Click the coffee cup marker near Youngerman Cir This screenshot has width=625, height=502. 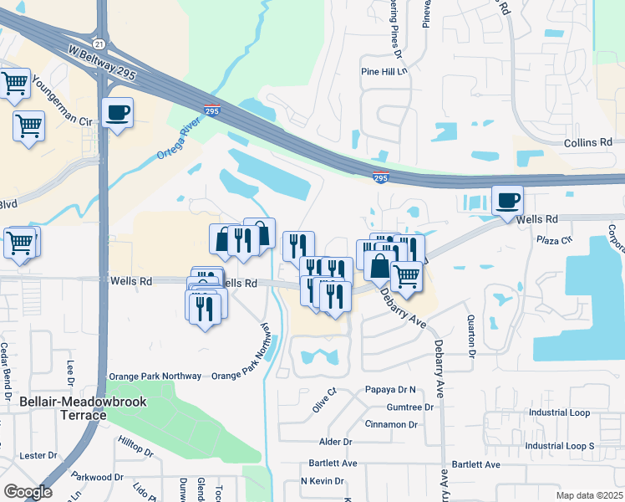[x=117, y=112]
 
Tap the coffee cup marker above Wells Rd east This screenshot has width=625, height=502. [x=507, y=201]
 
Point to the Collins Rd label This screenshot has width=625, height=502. [x=589, y=143]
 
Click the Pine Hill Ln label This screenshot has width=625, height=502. [x=384, y=73]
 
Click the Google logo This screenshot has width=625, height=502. [x=28, y=492]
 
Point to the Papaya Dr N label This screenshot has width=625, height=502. [x=390, y=391]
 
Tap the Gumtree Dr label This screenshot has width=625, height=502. [x=410, y=407]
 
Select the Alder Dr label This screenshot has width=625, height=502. [x=336, y=442]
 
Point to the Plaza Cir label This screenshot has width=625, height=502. [x=552, y=240]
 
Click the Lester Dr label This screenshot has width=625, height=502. [x=38, y=456]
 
